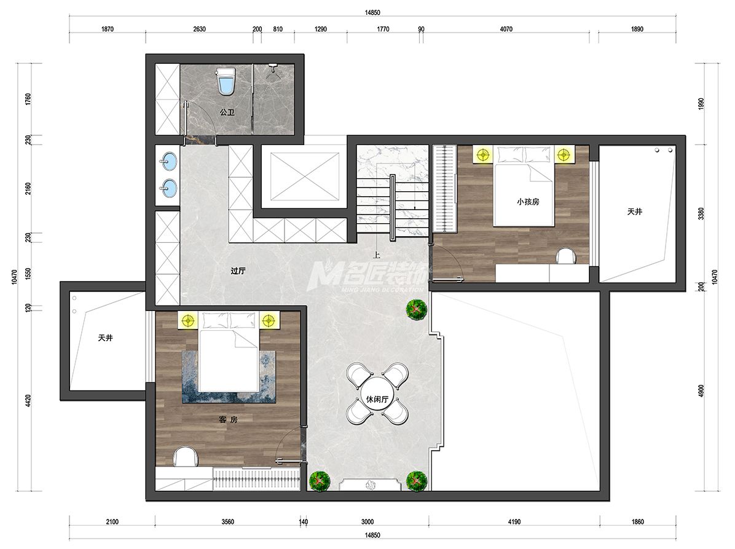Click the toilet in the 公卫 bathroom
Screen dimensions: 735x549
[226, 81]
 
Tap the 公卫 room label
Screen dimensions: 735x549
[227, 113]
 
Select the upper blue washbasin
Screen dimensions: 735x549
[168, 161]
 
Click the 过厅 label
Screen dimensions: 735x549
[238, 271]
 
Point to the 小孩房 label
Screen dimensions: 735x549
[528, 202]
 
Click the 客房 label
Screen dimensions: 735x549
[228, 420]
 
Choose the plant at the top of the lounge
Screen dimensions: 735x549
[416, 309]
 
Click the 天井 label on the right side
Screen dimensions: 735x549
[635, 211]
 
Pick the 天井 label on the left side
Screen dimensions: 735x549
[106, 338]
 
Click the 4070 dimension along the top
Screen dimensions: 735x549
[506, 29]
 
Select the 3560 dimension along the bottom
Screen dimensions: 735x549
[228, 522]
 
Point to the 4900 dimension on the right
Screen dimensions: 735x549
[701, 391]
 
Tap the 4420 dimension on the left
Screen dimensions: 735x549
[28, 401]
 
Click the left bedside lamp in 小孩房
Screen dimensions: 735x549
[482, 154]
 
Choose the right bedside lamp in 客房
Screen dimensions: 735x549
[268, 321]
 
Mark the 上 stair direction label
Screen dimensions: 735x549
[376, 256]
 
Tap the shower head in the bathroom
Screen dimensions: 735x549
[273, 68]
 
